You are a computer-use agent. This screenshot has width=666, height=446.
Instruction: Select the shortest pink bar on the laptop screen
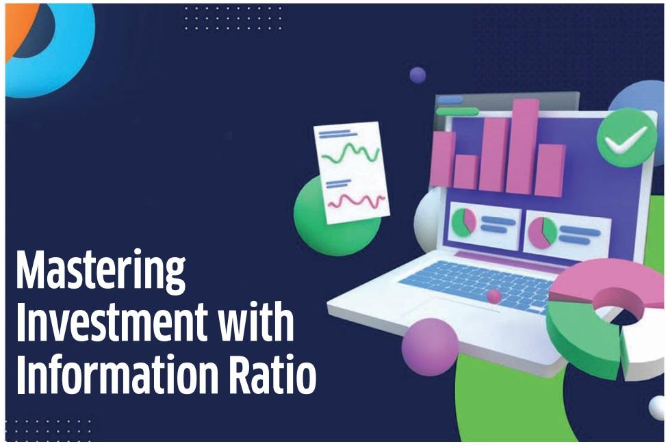click(465, 172)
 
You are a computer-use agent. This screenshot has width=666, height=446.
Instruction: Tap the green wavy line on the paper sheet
click(351, 154)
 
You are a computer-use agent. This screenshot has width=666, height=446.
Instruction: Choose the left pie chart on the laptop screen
click(463, 223)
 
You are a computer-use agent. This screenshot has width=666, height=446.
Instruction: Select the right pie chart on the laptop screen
click(543, 232)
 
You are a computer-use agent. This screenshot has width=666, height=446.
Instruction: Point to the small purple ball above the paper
click(418, 75)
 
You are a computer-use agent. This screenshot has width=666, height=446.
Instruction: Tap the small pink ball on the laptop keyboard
click(494, 296)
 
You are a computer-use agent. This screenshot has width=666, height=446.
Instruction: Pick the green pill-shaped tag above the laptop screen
click(457, 111)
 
